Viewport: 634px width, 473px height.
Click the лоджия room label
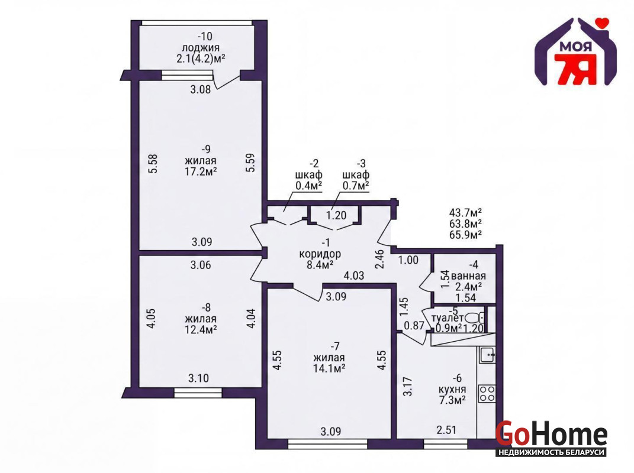(x=201, y=48)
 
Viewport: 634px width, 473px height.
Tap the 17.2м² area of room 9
(x=201, y=171)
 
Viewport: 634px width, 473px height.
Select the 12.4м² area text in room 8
(x=201, y=330)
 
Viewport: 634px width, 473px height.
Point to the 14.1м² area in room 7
(x=329, y=368)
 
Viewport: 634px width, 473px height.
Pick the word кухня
(x=452, y=390)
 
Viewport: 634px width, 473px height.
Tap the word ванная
(x=468, y=276)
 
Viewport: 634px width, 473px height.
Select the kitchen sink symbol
(x=487, y=355)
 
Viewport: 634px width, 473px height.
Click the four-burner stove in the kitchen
(x=487, y=393)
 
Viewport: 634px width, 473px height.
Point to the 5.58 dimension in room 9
(x=153, y=164)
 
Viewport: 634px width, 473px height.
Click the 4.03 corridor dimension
(x=354, y=276)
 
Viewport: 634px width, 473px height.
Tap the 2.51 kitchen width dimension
(x=446, y=430)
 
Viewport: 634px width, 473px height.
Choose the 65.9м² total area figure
(x=465, y=235)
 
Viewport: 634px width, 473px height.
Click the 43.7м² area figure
(x=465, y=212)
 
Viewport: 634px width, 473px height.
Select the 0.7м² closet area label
(x=356, y=186)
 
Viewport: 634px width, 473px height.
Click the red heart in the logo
(x=603, y=22)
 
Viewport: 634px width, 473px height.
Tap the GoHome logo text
(x=551, y=434)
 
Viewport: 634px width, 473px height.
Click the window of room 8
(x=198, y=393)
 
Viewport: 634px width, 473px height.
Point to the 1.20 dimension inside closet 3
(x=336, y=215)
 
